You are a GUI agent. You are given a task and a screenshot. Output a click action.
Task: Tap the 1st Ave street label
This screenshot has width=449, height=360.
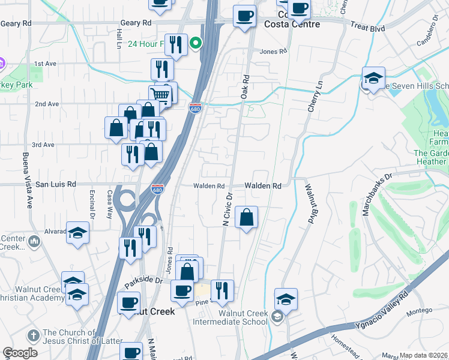click(x=45, y=64)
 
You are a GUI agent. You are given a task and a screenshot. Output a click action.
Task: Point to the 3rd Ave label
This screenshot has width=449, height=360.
click(x=43, y=145)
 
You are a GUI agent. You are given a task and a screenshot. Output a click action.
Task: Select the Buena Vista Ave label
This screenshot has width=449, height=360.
click(x=26, y=180)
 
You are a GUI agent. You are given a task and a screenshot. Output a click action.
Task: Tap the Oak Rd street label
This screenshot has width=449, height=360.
click(x=245, y=87)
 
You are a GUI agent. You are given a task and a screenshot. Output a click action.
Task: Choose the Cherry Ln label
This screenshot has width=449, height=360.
click(x=315, y=96)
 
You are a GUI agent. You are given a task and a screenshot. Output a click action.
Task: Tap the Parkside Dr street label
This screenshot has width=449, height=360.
click(x=143, y=280)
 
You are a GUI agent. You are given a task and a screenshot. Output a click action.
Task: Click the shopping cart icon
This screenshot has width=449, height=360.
click(x=160, y=94)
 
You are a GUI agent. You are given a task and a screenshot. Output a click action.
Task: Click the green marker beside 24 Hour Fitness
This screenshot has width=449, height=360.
click(x=195, y=43)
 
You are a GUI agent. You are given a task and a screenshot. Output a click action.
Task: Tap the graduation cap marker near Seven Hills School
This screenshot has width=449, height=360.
click(x=373, y=79)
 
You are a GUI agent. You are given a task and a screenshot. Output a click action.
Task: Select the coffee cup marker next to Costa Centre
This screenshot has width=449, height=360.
click(x=244, y=16)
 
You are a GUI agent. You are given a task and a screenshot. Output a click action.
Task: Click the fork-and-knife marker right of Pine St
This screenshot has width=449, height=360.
click(x=222, y=290)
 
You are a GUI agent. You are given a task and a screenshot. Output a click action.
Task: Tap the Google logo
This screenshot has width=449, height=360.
click(x=20, y=353)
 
